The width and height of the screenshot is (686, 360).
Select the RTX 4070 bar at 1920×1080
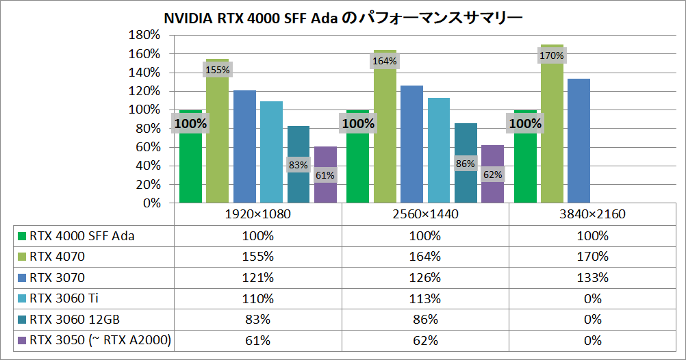[217, 137]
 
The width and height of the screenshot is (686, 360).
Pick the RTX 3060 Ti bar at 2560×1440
[439, 151]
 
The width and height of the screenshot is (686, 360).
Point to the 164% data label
[385, 61]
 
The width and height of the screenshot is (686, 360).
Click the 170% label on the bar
[552, 55]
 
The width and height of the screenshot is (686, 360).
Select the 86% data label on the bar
[466, 164]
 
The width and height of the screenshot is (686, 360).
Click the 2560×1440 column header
[425, 214]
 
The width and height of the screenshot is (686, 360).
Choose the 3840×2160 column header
[593, 214]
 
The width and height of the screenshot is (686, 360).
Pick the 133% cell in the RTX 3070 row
[593, 278]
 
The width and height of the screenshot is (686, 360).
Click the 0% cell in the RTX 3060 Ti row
[593, 299]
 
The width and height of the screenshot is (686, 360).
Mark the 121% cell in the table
[258, 278]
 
